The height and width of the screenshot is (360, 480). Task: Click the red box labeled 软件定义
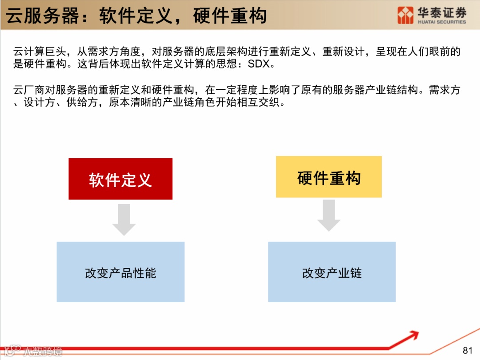pos(120,179)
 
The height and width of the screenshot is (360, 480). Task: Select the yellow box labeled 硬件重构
pos(328,177)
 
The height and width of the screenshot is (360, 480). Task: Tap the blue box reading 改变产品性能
pos(120,272)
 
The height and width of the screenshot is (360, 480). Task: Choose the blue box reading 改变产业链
pos(332,272)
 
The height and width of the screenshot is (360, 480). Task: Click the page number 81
pos(467,351)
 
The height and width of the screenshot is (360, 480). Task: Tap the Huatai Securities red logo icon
pos(405,15)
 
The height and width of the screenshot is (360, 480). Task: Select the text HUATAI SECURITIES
pos(442,22)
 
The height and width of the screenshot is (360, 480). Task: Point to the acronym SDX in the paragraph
pos(259,64)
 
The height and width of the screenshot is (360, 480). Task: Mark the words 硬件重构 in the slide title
pos(230,16)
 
